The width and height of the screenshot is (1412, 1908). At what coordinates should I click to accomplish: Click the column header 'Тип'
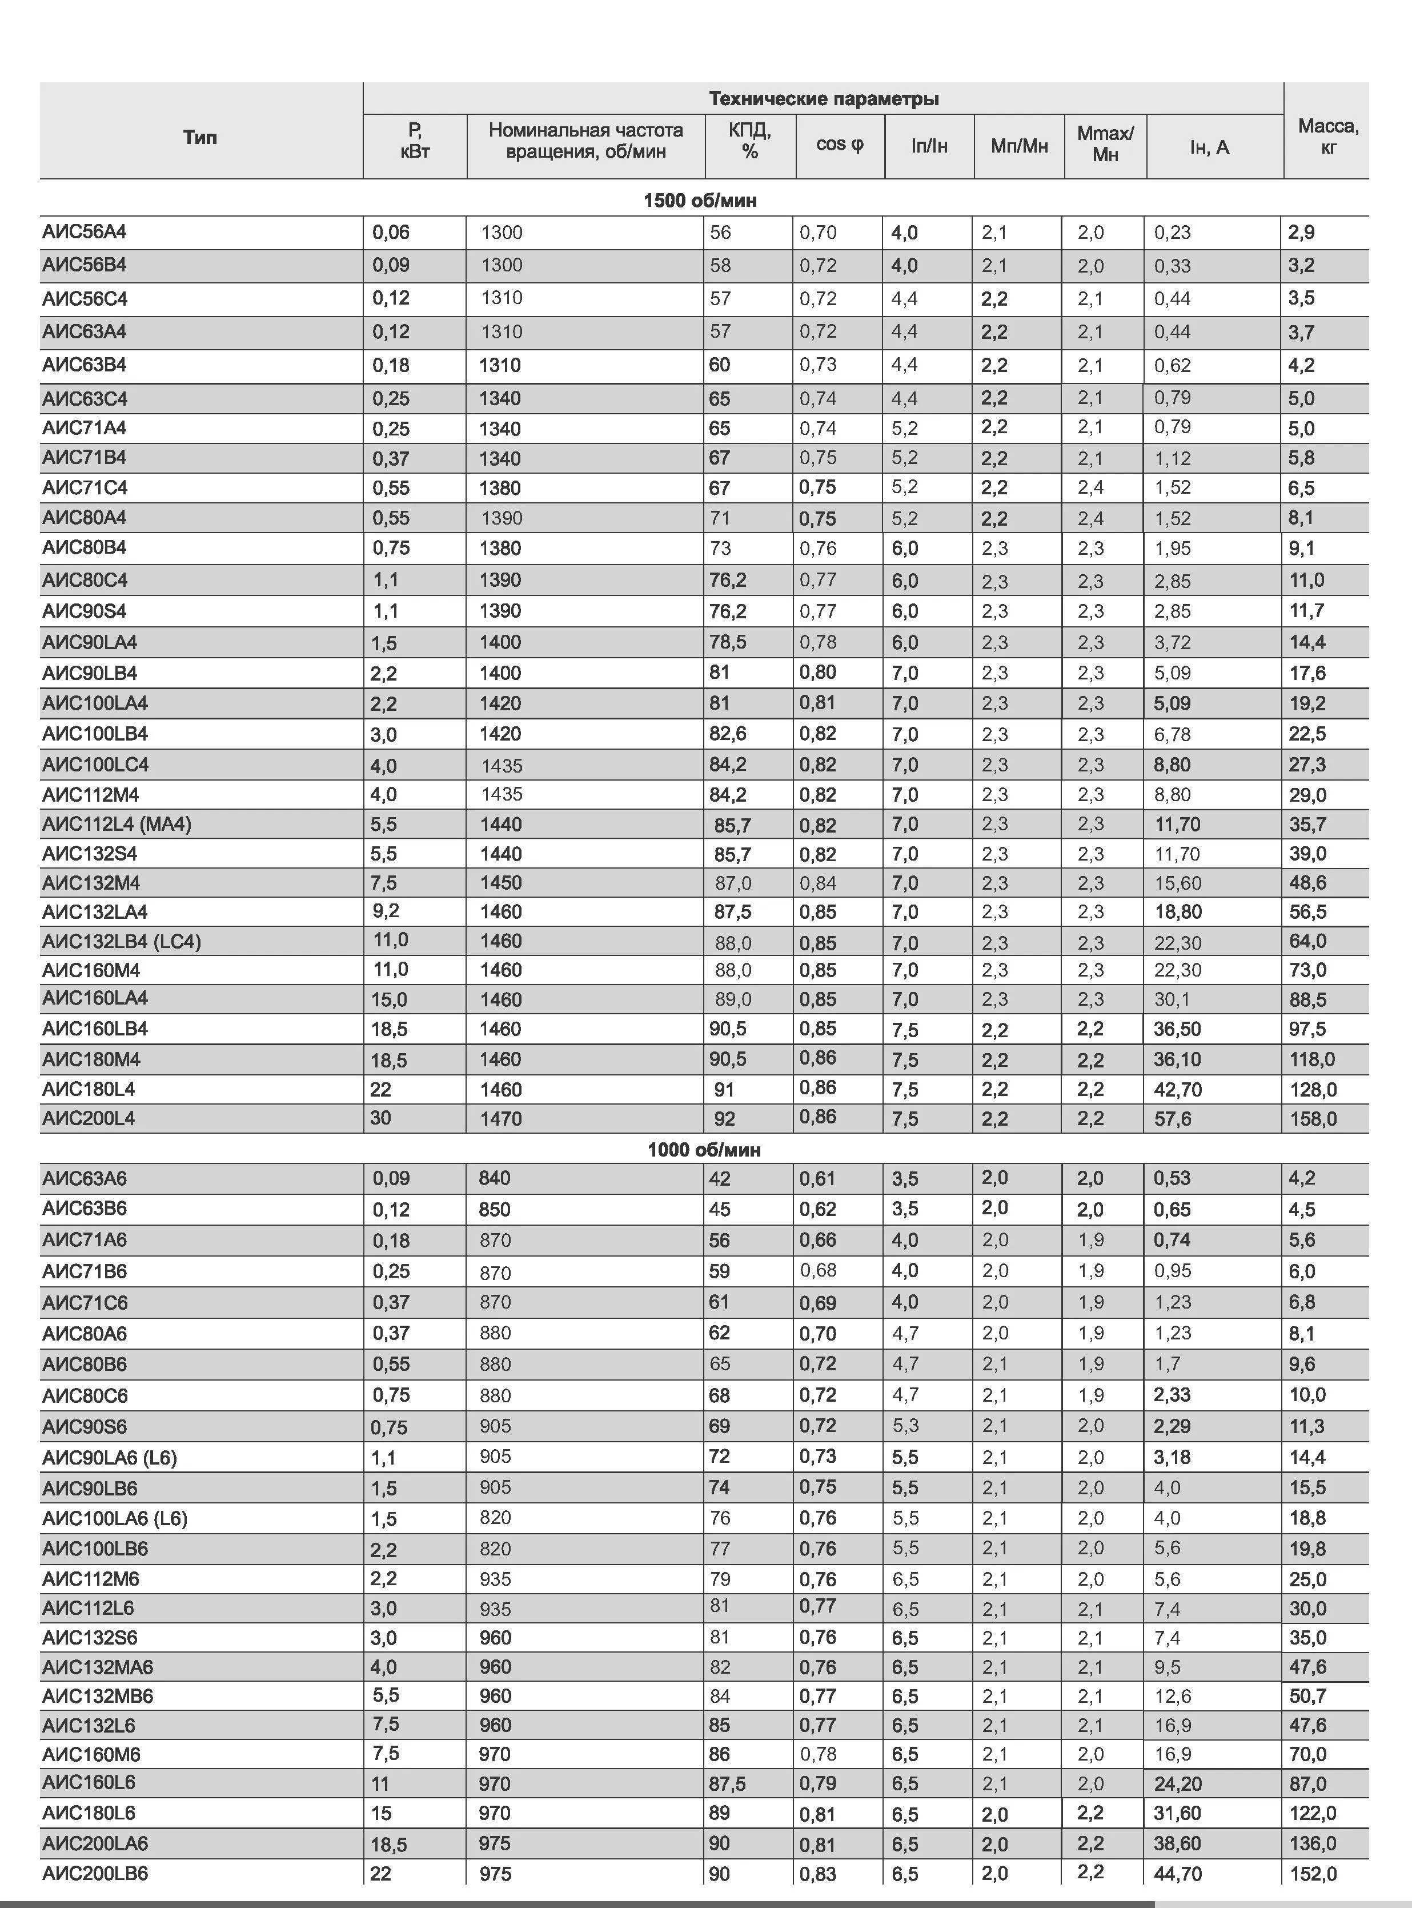click(x=200, y=137)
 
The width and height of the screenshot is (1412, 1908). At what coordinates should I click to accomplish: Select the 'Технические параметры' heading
click(x=823, y=98)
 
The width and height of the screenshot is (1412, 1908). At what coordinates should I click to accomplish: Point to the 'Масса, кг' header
click(x=1327, y=136)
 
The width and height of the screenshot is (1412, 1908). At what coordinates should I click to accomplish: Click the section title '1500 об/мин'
click(x=700, y=200)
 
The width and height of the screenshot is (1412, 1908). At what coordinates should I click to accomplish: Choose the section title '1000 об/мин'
click(x=704, y=1149)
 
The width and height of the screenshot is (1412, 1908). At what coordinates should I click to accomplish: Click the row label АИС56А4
click(x=85, y=231)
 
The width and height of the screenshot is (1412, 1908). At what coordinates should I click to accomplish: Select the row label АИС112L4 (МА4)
click(x=117, y=824)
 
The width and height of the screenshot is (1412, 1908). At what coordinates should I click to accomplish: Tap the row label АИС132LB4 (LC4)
click(x=121, y=941)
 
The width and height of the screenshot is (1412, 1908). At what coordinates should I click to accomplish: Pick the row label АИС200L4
click(x=89, y=1118)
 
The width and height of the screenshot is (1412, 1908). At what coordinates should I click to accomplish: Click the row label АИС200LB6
click(x=95, y=1873)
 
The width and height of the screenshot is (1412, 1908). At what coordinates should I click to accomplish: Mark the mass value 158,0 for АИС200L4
click(x=1313, y=1118)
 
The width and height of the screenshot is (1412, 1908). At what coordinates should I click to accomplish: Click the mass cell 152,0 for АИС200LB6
click(x=1313, y=1874)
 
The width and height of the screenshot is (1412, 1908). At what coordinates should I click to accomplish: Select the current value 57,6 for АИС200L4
click(x=1173, y=1118)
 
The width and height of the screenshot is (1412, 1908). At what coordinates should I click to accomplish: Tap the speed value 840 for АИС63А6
click(x=494, y=1178)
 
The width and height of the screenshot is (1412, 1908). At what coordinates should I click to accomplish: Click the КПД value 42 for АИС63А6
click(x=720, y=1178)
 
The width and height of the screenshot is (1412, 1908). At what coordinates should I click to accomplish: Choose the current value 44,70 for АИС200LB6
click(x=1177, y=1874)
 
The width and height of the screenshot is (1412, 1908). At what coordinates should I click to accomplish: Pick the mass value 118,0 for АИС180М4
click(x=1312, y=1059)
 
